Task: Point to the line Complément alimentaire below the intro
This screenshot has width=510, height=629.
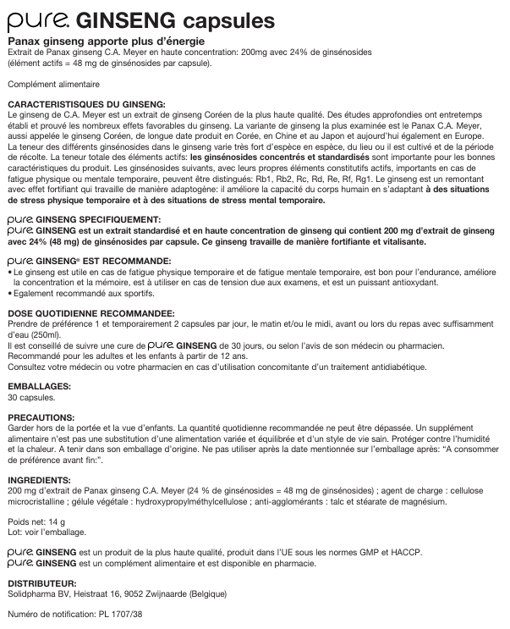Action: click(x=53, y=84)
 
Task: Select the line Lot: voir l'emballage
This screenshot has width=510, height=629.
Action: click(x=47, y=532)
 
